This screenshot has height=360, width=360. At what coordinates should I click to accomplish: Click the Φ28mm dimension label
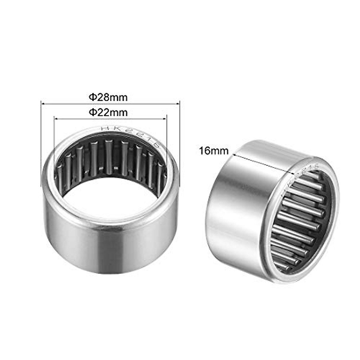[108, 97]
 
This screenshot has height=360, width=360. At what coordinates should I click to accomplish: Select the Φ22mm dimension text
[108, 112]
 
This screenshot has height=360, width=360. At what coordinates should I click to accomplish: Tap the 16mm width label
[213, 151]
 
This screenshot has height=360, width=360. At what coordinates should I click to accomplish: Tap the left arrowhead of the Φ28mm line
[42, 104]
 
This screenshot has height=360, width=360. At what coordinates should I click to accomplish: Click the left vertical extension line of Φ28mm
[41, 144]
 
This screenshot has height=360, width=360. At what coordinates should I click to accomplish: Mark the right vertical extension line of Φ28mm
[179, 144]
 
